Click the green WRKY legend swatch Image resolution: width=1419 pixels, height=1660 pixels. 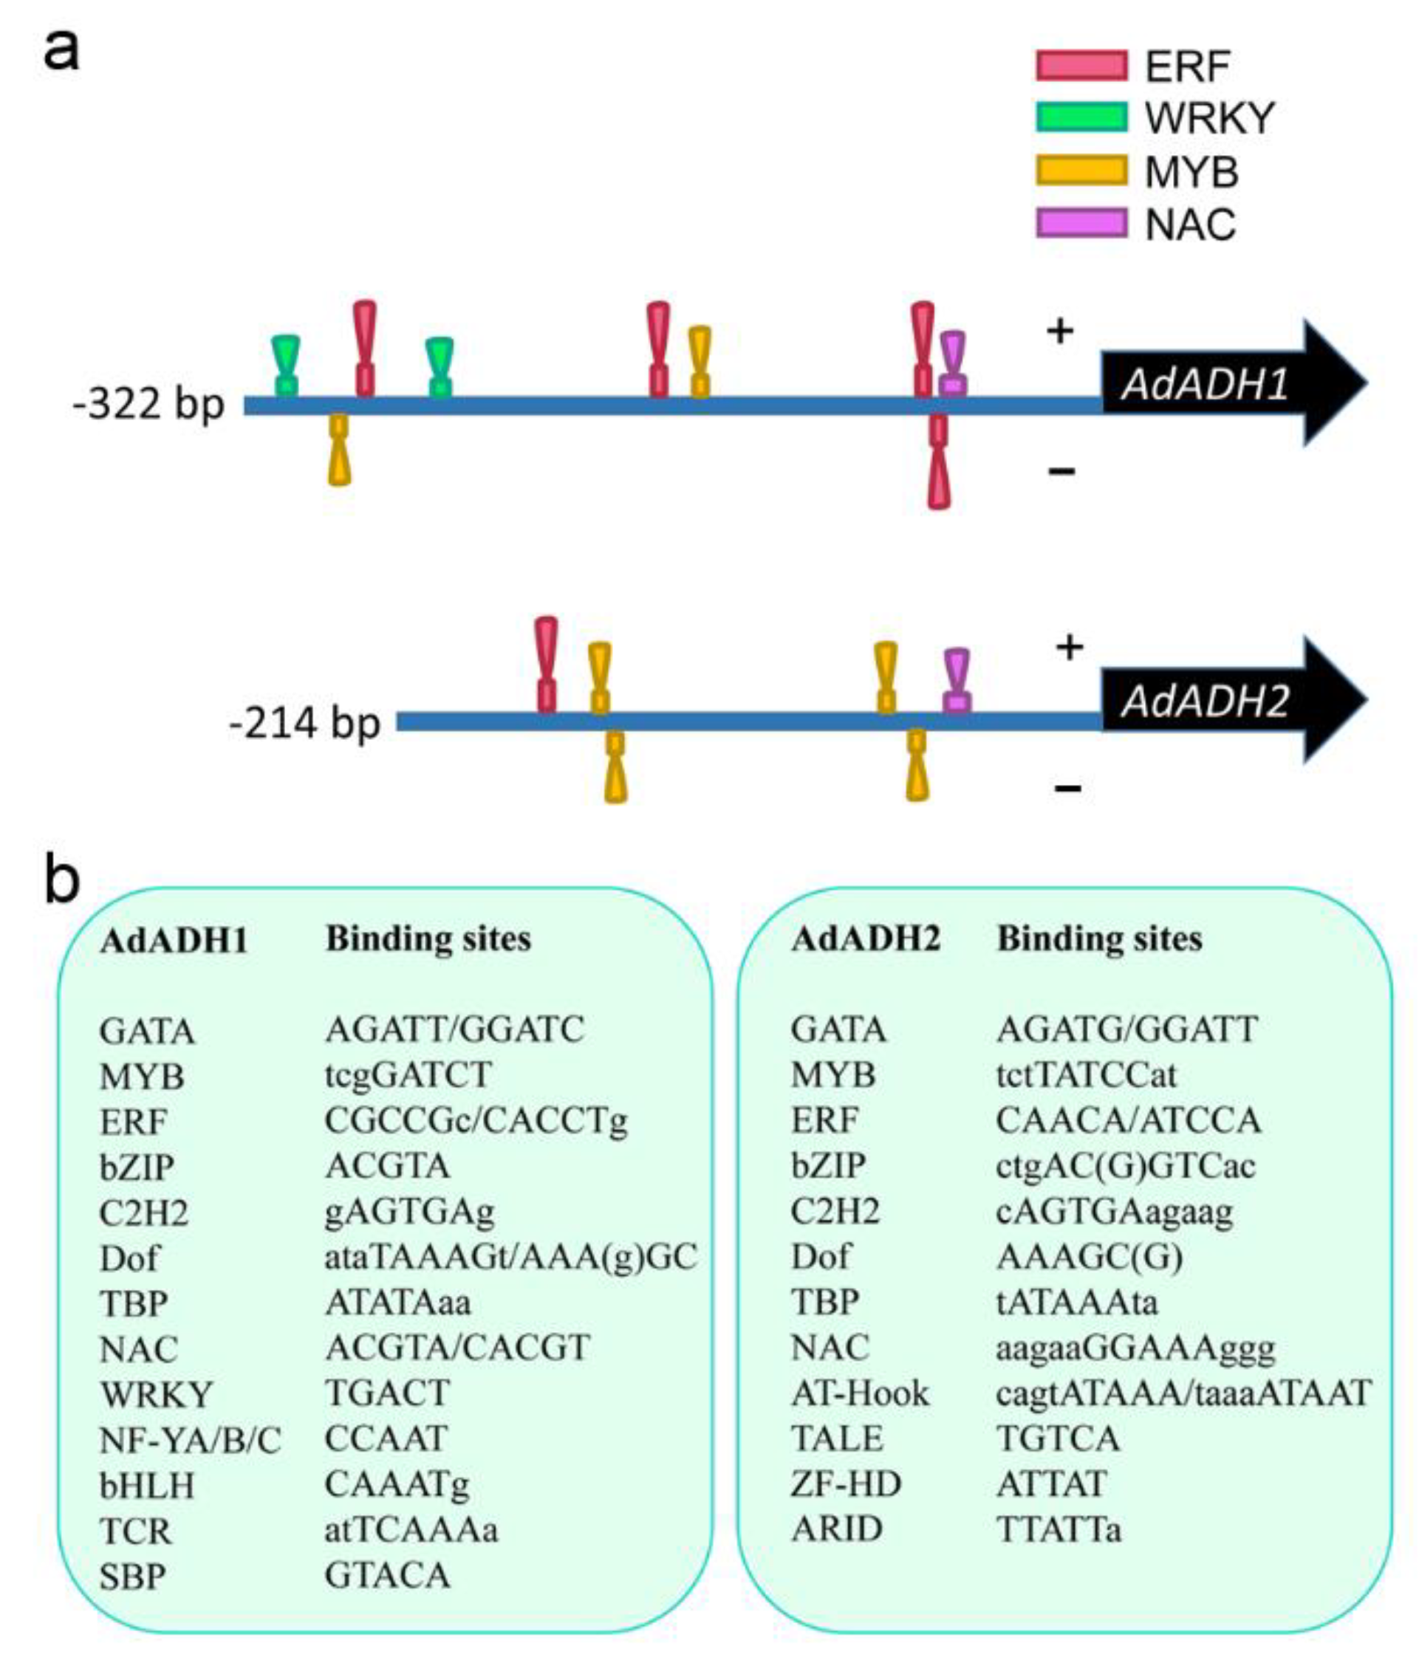click(1081, 117)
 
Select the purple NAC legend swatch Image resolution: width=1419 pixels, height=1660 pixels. click(1081, 223)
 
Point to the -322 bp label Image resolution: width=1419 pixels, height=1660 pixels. click(148, 405)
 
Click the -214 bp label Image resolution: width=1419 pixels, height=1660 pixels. click(304, 724)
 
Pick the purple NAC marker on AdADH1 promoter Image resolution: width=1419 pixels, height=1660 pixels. click(953, 365)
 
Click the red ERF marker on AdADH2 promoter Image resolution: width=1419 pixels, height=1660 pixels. click(547, 665)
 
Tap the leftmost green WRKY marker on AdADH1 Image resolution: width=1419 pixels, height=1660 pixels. click(285, 366)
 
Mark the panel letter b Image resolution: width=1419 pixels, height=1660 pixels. click(62, 879)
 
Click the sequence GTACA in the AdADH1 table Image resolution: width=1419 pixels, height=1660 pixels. click(387, 1575)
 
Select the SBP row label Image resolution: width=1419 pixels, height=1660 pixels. click(132, 1577)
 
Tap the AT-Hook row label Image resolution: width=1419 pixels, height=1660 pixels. click(860, 1394)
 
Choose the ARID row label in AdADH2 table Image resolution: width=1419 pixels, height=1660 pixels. click(836, 1529)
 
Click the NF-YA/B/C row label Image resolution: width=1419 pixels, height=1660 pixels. click(190, 1441)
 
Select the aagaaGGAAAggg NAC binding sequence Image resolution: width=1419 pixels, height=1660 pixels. click(1135, 1348)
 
